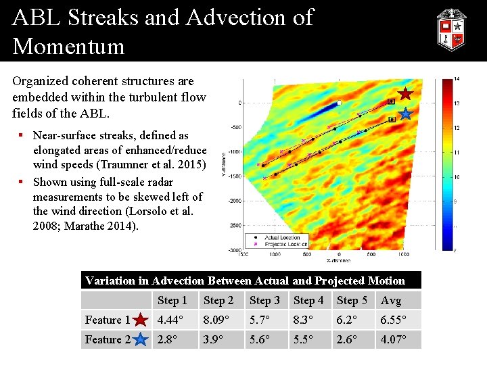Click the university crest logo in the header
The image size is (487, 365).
(450, 30)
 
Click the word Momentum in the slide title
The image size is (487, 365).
(68, 46)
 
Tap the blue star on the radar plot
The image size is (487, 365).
(405, 114)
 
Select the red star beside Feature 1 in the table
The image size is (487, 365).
(141, 320)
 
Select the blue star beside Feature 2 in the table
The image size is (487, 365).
(141, 339)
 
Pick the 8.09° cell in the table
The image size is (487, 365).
(220, 320)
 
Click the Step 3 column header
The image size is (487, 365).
(264, 300)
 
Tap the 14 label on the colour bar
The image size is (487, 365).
(457, 79)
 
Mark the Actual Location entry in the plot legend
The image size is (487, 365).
(284, 237)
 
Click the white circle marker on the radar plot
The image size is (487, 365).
(340, 103)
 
